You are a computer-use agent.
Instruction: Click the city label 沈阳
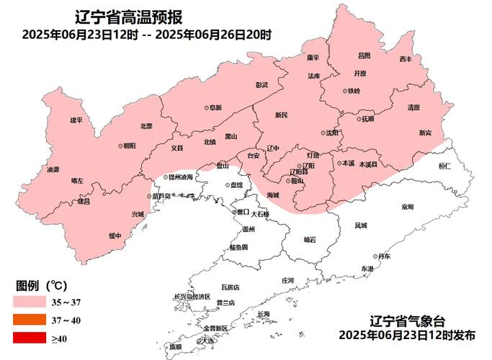[331, 133]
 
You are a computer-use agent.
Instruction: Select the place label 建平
[76, 120]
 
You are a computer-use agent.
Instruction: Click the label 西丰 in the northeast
[406, 59]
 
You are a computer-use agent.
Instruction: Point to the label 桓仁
[444, 166]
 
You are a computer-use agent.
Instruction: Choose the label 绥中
[115, 235]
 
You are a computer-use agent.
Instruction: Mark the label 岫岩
[310, 240]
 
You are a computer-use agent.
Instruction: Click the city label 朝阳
[128, 145]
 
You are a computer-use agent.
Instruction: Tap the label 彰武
[261, 85]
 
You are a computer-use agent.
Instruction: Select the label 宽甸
[407, 207]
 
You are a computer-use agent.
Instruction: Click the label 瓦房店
[230, 287]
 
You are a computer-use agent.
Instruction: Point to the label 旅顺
[176, 346]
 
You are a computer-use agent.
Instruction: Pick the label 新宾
[426, 132]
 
